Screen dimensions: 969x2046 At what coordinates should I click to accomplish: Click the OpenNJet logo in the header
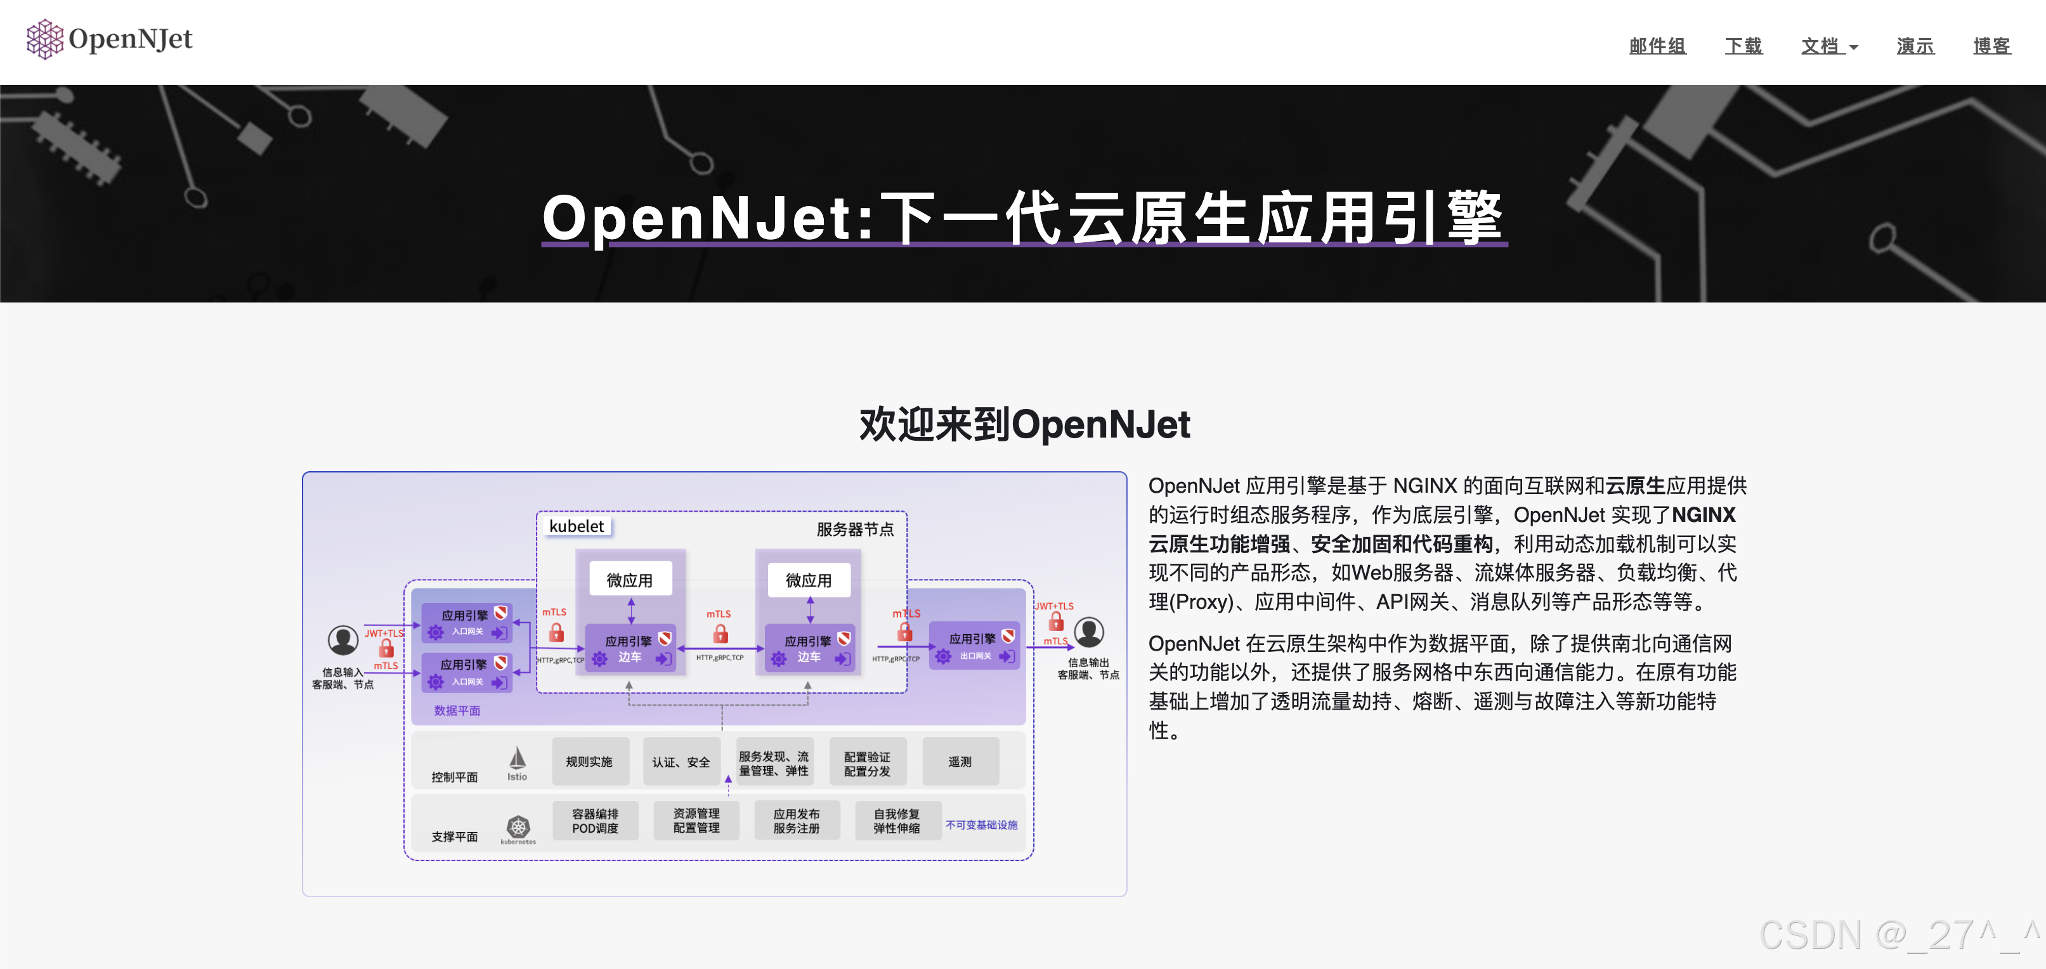click(x=110, y=39)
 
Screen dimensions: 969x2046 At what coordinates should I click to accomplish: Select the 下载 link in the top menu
click(x=1743, y=46)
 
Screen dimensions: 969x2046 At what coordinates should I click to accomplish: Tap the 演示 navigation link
click(x=1915, y=46)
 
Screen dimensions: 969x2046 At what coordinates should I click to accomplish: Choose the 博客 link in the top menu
click(x=1992, y=46)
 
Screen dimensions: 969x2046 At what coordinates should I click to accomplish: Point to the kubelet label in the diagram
click(x=577, y=526)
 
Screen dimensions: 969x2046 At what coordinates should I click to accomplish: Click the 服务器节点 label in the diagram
click(x=855, y=529)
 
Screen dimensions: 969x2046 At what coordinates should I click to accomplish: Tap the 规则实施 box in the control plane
click(x=589, y=762)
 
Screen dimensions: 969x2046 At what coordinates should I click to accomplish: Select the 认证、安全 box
click(x=681, y=762)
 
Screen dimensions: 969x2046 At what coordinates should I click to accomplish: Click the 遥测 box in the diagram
click(x=960, y=762)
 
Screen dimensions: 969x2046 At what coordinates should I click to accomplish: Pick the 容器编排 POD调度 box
click(x=595, y=821)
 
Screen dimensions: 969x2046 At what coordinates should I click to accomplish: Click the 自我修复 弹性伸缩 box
click(x=897, y=821)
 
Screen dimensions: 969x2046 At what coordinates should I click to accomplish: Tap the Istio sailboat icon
click(x=517, y=758)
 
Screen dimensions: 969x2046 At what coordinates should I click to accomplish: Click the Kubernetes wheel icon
click(x=518, y=826)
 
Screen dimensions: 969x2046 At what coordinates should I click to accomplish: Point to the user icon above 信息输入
click(x=343, y=639)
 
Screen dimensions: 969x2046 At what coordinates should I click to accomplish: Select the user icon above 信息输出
click(x=1089, y=632)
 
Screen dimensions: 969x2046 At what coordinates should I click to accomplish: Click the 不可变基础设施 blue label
click(x=981, y=824)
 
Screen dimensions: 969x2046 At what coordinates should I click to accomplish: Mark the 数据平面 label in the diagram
click(x=457, y=710)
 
